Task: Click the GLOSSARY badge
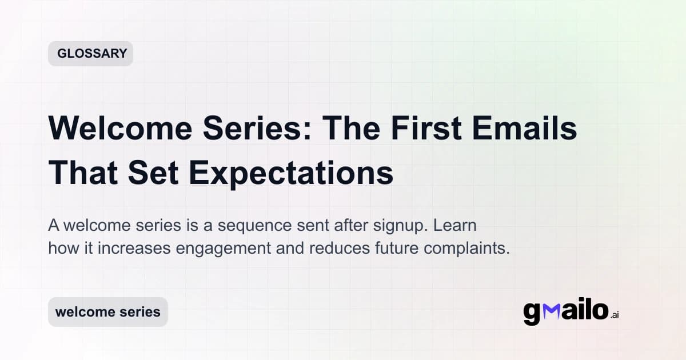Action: (x=91, y=54)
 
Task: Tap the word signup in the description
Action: (x=397, y=225)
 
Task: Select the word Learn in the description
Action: (x=455, y=225)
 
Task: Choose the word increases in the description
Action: (x=125, y=249)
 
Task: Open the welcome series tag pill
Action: (x=108, y=312)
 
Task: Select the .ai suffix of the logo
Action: (x=615, y=315)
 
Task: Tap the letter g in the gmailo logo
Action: (x=532, y=313)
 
